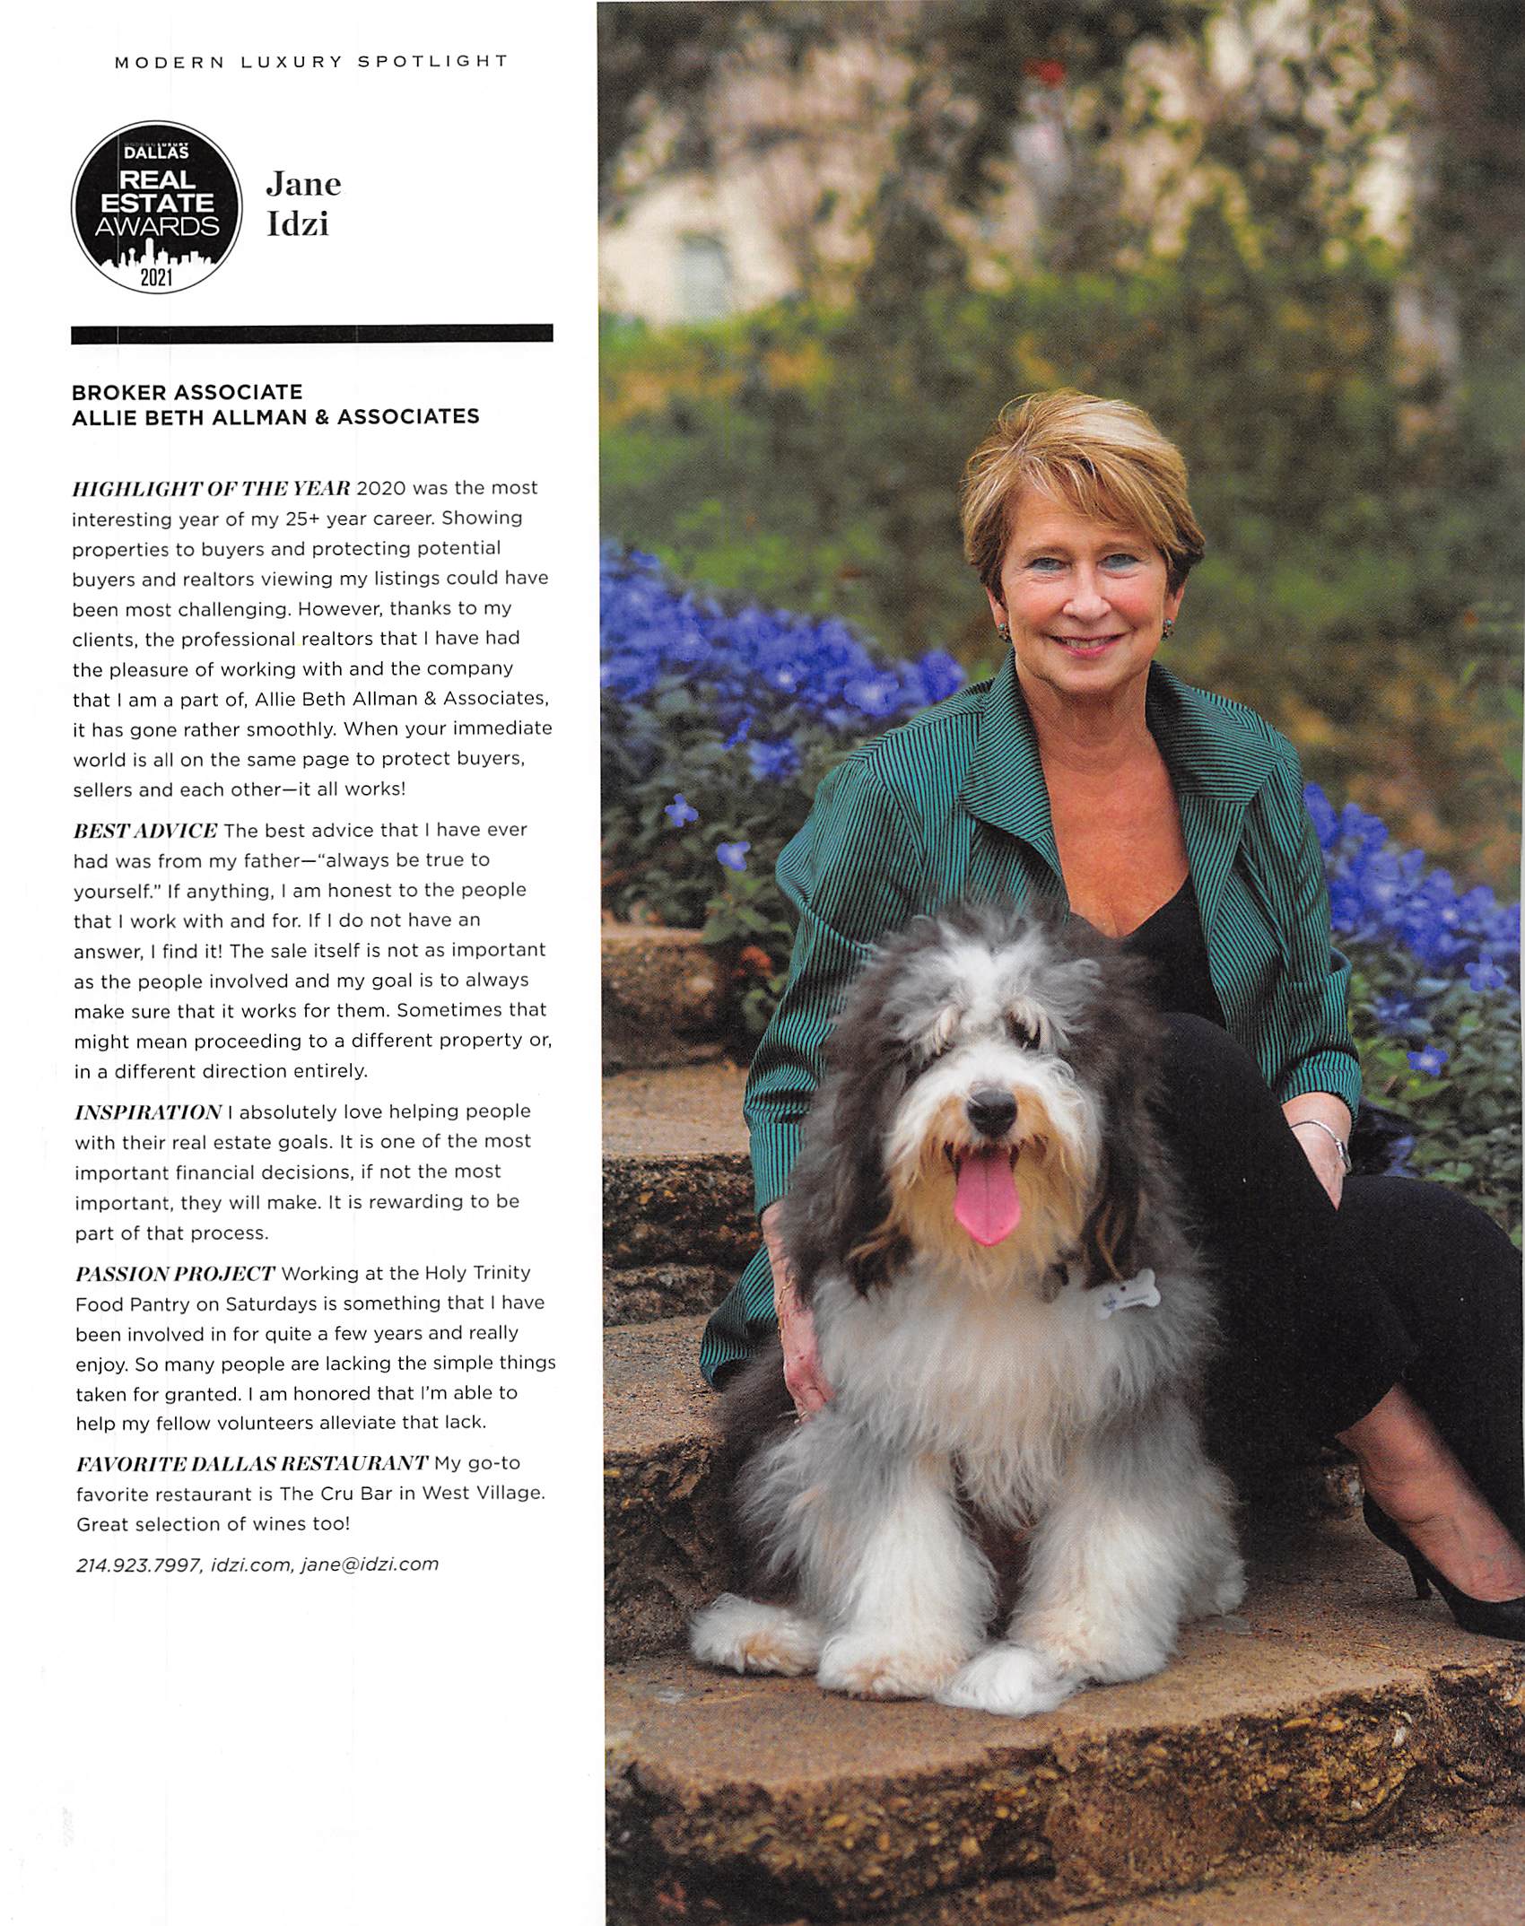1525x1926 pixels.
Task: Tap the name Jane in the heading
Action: [303, 184]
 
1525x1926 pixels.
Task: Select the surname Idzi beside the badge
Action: [298, 224]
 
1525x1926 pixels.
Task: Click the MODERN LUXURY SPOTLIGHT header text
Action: [311, 62]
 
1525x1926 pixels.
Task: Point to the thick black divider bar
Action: [311, 335]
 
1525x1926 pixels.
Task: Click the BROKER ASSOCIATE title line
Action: [187, 392]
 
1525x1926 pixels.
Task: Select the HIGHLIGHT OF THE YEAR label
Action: [212, 489]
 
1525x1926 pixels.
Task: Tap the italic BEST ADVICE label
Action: [145, 831]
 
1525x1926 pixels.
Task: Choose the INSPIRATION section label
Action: [148, 1112]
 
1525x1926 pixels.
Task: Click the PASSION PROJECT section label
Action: [175, 1274]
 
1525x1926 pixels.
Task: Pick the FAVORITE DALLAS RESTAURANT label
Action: [252, 1464]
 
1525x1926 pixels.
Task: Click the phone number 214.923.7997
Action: [139, 1565]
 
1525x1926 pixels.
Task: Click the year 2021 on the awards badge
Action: [155, 277]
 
